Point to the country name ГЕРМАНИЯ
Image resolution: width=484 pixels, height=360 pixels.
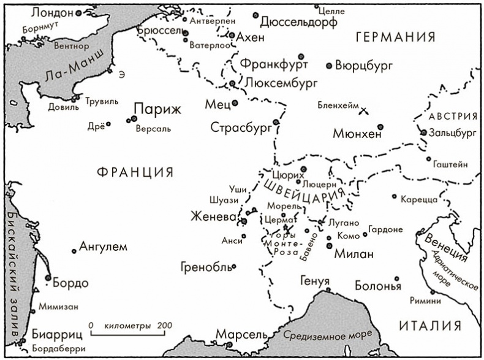point(395,37)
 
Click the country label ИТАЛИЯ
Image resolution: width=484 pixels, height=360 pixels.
point(429,326)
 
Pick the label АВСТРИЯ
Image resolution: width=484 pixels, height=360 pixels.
point(453,117)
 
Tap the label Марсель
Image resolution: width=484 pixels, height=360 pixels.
point(241,335)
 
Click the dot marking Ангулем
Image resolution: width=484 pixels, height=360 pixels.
point(74,250)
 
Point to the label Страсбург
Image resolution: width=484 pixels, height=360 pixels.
point(240,128)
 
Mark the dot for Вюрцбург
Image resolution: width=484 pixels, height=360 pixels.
point(329,65)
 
